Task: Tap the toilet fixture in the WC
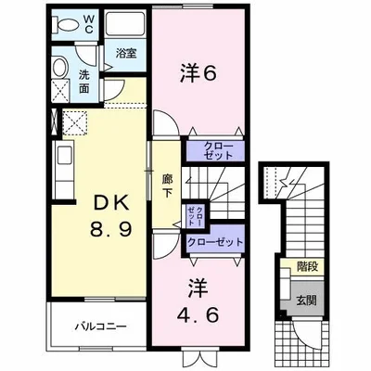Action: pos(65,22)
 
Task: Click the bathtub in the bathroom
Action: pos(125,25)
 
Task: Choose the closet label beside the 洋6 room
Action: pos(215,149)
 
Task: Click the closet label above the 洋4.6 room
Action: pos(215,241)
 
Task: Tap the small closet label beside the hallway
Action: pos(198,216)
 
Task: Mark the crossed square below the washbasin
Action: pos(59,91)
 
